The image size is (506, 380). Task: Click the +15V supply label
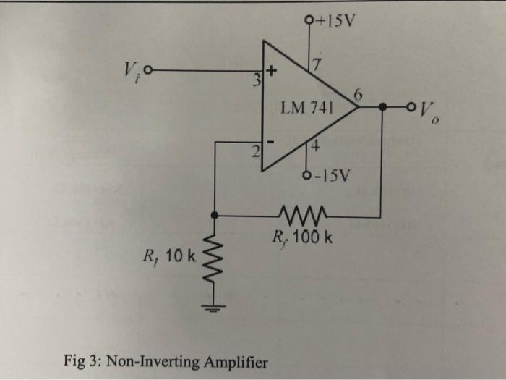coord(335,19)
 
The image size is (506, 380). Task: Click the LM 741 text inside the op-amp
coord(306,109)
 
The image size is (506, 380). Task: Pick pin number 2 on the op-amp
coord(255,152)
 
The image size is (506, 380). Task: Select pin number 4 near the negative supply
coord(315,149)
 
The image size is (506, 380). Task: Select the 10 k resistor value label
coord(178,255)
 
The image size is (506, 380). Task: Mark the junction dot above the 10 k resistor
coord(214,215)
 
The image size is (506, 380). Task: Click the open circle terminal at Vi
coord(149,71)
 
